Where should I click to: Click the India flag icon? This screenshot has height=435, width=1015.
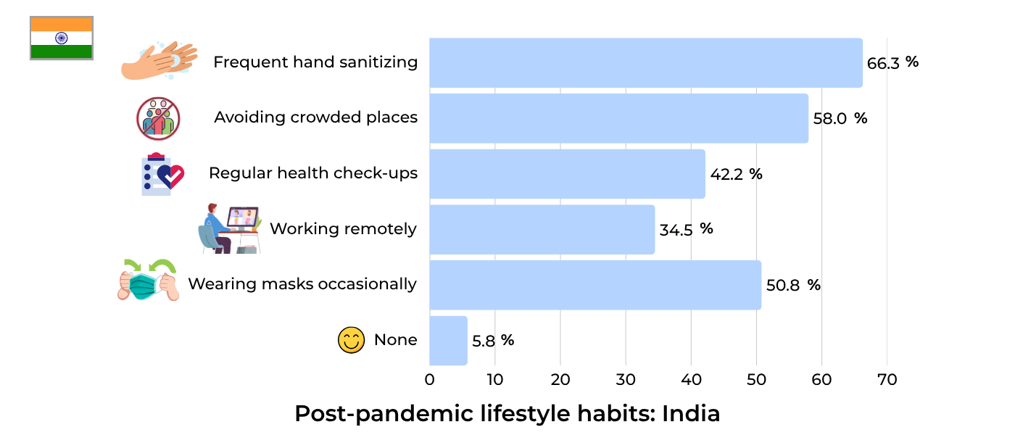coord(61,38)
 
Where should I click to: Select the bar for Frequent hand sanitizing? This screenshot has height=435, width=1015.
coord(645,63)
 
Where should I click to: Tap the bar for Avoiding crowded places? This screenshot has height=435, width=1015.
coord(618,118)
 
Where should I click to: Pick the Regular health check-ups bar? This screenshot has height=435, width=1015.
coord(567,174)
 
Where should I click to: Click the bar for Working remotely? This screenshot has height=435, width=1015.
coord(542,230)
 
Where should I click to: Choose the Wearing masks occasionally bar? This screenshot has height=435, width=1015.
coord(595,285)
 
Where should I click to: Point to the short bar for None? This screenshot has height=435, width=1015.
coord(448,341)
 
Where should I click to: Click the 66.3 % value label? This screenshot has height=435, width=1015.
coord(892,63)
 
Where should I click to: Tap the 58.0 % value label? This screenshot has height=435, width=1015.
coord(840,119)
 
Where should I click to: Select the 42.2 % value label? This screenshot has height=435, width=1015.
coord(736,175)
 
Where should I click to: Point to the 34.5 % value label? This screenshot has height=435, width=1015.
coord(686,230)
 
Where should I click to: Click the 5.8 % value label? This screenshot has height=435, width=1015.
coord(493,341)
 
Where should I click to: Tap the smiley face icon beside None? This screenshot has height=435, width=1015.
coord(351,340)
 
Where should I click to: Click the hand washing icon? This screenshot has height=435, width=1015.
coord(159,60)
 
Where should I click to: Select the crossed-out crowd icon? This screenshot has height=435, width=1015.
coord(158,118)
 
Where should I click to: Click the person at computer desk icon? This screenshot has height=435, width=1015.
coord(230,228)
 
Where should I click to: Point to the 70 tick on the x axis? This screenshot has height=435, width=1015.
coord(887,380)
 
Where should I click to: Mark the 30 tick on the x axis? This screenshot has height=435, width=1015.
coord(626,380)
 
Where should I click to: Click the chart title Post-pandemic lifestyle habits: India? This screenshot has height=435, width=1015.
coord(507,414)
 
